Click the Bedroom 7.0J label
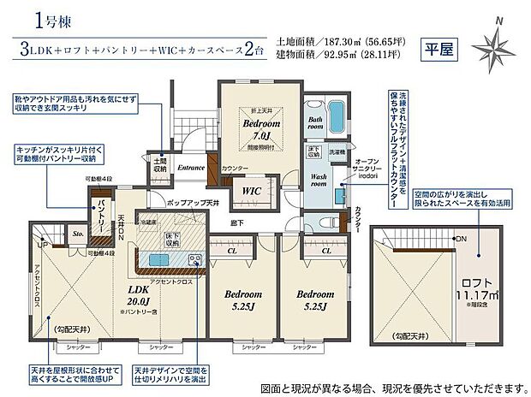point(256,127)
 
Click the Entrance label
point(191,168)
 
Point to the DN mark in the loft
point(462,238)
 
